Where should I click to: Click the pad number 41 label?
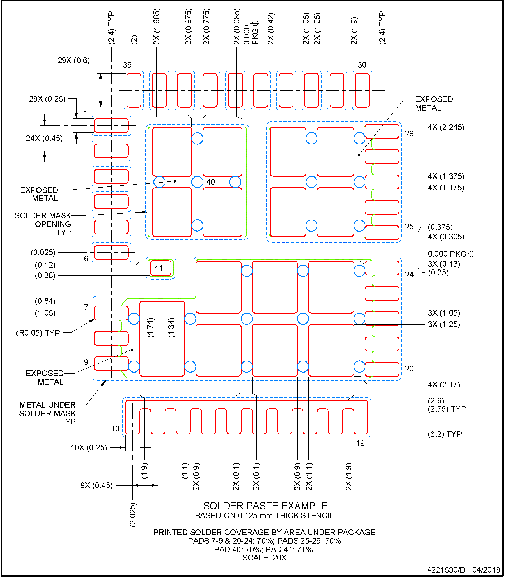[159, 268]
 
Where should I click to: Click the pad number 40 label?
[211, 182]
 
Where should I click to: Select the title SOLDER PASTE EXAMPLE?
[265, 506]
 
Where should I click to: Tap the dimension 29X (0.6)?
[74, 60]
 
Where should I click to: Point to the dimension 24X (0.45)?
[44, 138]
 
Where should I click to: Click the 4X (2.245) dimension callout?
[446, 127]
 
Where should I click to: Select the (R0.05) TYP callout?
[38, 333]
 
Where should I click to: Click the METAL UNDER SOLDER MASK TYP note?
[48, 413]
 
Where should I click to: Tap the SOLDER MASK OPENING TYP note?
[43, 224]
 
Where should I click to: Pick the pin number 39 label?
[127, 65]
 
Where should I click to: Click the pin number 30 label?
[362, 65]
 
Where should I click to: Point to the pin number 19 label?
[360, 443]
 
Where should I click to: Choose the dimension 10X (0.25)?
[89, 447]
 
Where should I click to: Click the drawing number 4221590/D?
[446, 570]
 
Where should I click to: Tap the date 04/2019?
[486, 570]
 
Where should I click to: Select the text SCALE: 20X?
[264, 558]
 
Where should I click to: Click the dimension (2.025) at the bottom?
[133, 514]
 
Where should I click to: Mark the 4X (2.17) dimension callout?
[444, 384]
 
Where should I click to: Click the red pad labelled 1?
[111, 125]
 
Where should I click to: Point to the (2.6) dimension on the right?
[436, 400]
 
